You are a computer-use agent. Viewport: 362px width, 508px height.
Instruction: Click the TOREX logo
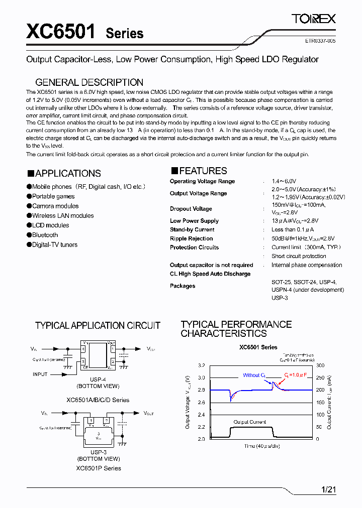click(314, 20)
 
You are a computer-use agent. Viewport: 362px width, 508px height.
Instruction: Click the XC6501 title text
click(60, 32)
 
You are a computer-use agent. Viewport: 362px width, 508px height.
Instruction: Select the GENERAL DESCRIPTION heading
click(89, 82)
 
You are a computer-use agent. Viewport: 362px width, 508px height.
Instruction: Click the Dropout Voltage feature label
click(191, 209)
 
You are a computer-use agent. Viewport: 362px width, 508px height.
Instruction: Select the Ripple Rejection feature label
click(191, 239)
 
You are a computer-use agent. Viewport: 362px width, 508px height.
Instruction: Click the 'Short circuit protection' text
click(299, 257)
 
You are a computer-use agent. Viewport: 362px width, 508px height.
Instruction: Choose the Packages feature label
click(183, 286)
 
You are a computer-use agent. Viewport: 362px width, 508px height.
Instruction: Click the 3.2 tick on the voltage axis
click(201, 365)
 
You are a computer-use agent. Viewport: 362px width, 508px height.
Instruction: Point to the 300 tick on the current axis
click(320, 365)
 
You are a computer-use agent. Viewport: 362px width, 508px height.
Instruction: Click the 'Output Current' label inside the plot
click(250, 422)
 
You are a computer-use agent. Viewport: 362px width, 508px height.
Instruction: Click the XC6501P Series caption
click(99, 468)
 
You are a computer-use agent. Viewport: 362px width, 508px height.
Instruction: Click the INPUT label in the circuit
click(40, 374)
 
